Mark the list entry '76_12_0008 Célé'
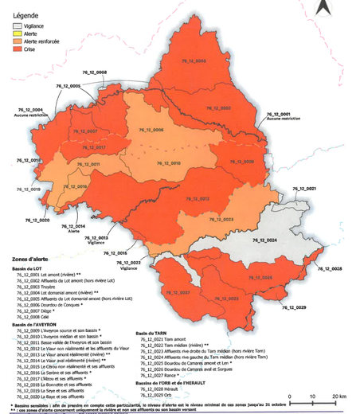pyautogui.click(x=44, y=318)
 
